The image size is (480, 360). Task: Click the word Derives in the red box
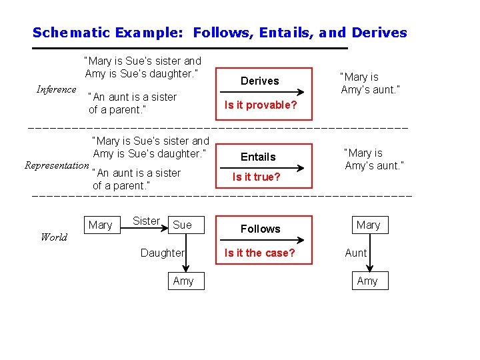(259, 81)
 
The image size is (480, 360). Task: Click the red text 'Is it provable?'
(260, 105)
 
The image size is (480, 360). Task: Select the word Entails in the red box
(258, 157)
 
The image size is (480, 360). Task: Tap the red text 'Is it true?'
(256, 177)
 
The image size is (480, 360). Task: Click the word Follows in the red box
(260, 229)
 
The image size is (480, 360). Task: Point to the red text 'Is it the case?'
(259, 253)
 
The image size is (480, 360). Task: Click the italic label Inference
(56, 89)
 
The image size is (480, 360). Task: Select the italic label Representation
(56, 165)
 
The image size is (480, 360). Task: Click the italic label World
(53, 237)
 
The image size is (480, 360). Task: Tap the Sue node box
(182, 225)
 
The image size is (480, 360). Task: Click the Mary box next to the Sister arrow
(101, 225)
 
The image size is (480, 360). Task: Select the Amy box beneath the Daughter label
(183, 281)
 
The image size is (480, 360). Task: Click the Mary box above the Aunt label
(368, 225)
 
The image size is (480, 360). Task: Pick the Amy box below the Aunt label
(367, 281)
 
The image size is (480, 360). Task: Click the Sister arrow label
(146, 221)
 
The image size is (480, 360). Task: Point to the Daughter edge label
(162, 253)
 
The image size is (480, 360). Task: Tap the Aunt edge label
(356, 253)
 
